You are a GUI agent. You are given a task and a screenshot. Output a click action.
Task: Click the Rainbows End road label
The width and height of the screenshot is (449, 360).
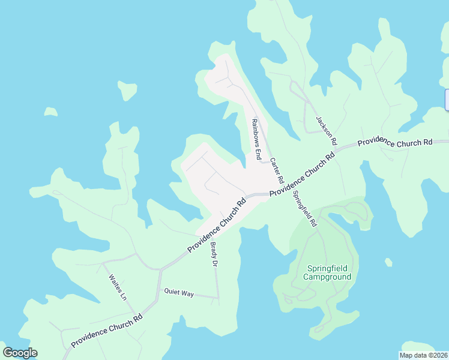(x=256, y=139)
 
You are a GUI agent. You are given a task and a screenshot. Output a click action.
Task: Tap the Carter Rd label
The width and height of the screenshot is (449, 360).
(x=276, y=171)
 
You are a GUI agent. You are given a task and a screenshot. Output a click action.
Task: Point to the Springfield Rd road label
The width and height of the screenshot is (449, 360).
(x=304, y=208)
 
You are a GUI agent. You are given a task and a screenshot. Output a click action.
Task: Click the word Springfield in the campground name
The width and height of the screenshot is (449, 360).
(x=327, y=268)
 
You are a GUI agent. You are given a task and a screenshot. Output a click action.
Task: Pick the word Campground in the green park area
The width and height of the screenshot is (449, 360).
(x=327, y=277)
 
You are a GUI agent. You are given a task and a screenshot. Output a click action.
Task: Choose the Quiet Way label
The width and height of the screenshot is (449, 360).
(x=179, y=293)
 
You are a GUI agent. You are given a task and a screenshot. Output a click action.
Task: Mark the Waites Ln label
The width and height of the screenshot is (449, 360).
(x=118, y=287)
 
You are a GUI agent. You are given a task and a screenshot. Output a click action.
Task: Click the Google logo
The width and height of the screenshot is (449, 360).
(x=20, y=353)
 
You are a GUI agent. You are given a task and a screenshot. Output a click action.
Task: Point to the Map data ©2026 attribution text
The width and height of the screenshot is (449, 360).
(x=424, y=355)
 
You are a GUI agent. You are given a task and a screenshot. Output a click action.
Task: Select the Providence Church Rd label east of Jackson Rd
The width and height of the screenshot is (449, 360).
(x=395, y=143)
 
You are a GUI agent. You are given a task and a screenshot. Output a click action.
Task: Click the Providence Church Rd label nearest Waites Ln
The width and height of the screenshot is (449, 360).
(x=107, y=331)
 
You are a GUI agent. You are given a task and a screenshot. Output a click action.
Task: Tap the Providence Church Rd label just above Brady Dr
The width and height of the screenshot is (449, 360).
(x=217, y=226)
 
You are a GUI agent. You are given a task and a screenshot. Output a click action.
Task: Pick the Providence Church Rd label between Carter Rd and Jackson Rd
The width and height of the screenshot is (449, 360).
(x=301, y=176)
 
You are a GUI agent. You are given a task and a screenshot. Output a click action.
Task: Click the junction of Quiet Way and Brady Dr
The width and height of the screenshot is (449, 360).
(x=218, y=298)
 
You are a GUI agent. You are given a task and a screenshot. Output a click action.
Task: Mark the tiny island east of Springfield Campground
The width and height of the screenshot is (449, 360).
(x=388, y=262)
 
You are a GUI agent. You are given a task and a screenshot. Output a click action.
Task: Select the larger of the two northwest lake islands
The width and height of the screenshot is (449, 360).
(x=127, y=90)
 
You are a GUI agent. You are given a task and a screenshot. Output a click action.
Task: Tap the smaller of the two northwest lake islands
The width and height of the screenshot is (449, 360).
(x=51, y=112)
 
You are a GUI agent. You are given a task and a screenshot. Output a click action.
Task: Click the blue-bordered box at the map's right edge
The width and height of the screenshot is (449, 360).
(x=447, y=100)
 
